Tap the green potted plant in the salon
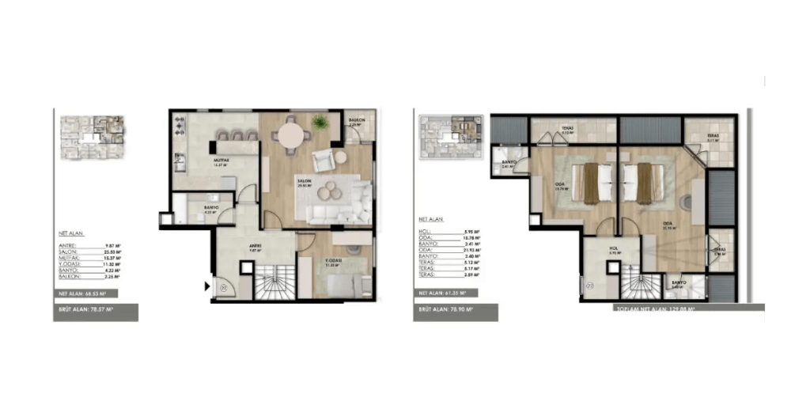tap(320, 123)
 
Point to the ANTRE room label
tap(255, 245)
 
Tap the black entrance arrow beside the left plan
tap(208, 286)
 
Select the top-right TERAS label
tap(713, 136)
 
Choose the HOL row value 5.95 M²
tap(472, 230)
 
